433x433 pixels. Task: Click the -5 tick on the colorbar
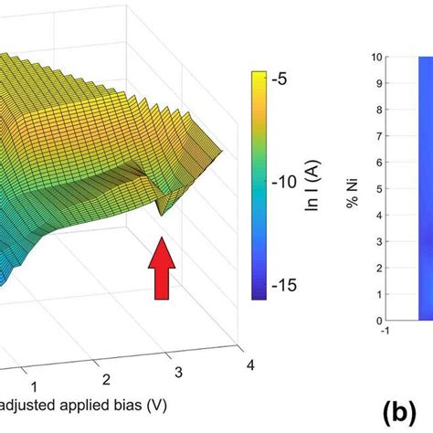point(279,79)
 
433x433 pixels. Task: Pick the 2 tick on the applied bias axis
point(106,378)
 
